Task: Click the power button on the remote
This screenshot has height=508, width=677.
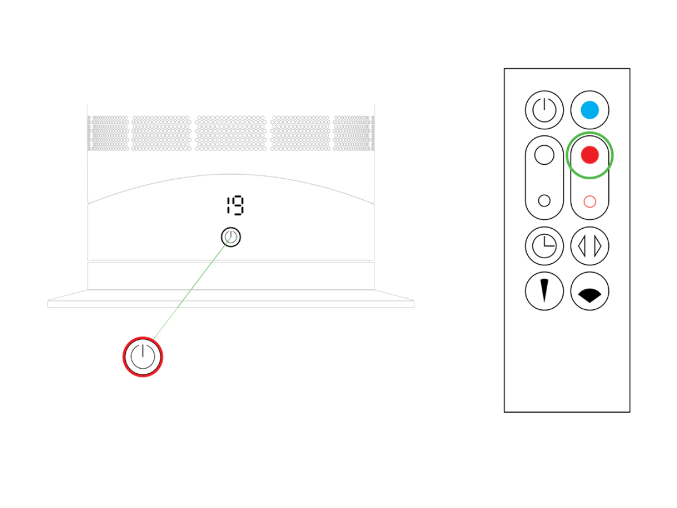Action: [x=544, y=110]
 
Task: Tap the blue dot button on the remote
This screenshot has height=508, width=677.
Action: [x=589, y=110]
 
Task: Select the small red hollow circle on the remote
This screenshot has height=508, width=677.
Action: [x=589, y=201]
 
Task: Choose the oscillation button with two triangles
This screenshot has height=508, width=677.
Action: [x=589, y=246]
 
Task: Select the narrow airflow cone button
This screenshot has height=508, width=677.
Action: [x=544, y=290]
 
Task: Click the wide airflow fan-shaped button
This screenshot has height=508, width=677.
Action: [x=589, y=290]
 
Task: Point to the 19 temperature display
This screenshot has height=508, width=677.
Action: [x=235, y=205]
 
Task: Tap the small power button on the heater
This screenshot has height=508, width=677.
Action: [x=230, y=237]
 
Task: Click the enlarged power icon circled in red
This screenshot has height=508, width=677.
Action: [x=142, y=357]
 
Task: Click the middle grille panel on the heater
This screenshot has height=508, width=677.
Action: [x=230, y=133]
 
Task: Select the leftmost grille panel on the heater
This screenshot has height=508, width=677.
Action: [x=108, y=133]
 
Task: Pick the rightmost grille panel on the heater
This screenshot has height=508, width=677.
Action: [x=354, y=133]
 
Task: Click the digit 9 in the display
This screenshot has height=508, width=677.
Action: [x=239, y=205]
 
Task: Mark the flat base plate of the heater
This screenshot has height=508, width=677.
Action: [x=230, y=299]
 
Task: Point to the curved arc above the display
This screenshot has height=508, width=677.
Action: [x=230, y=175]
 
